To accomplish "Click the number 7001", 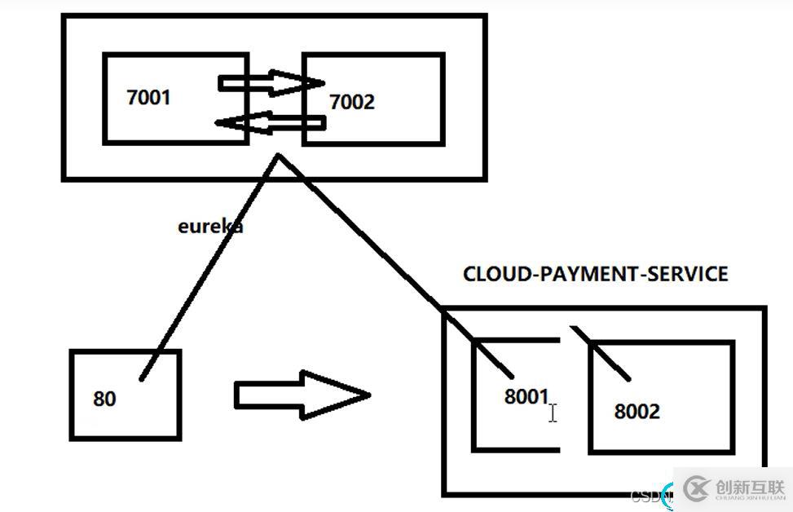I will (149, 98).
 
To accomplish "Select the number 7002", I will (352, 102).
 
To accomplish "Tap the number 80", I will (104, 399).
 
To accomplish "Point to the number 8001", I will (526, 397).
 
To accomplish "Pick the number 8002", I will (637, 412).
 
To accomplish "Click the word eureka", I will (209, 226).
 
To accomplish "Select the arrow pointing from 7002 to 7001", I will (270, 123).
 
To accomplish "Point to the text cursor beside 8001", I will (553, 413).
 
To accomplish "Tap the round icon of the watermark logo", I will (697, 488).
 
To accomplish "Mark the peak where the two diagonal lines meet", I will (280, 155).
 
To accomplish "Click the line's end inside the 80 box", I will (143, 378).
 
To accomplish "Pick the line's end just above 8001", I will (513, 375).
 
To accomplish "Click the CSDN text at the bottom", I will (648, 496).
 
